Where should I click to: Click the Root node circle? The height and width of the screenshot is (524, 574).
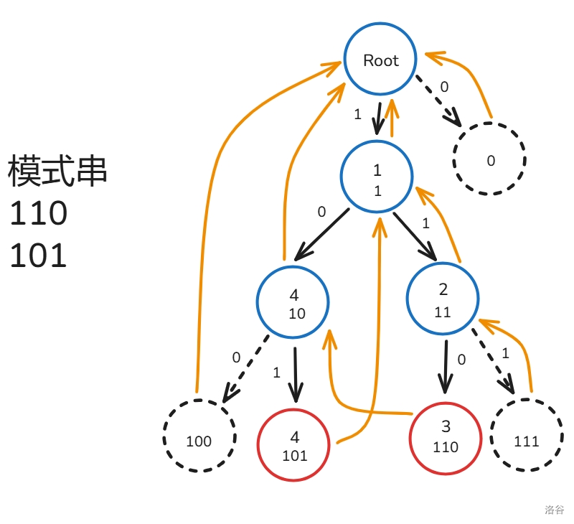380,60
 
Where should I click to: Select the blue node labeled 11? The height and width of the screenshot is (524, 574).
442,299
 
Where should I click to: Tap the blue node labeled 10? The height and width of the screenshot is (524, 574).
293,304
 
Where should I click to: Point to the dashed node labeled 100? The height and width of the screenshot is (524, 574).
199,435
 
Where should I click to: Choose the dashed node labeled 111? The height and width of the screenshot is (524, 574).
526,435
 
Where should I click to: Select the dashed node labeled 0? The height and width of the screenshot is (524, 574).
490,159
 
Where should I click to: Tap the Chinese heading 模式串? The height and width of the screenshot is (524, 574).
57,172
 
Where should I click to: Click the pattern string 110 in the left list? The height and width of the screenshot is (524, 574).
38,214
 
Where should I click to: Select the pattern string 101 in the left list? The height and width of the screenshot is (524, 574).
38,256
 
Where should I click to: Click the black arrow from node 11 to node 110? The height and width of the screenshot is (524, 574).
446,366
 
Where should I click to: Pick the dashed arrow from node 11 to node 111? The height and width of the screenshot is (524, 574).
493,362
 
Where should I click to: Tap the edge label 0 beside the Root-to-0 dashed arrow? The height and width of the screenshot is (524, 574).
444,87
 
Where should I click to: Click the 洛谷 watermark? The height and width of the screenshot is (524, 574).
554,510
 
